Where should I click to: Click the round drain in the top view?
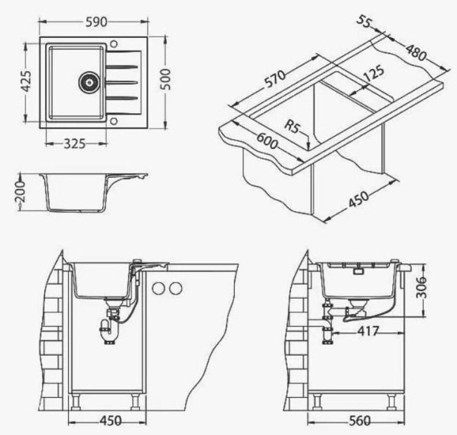click(x=89, y=82)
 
